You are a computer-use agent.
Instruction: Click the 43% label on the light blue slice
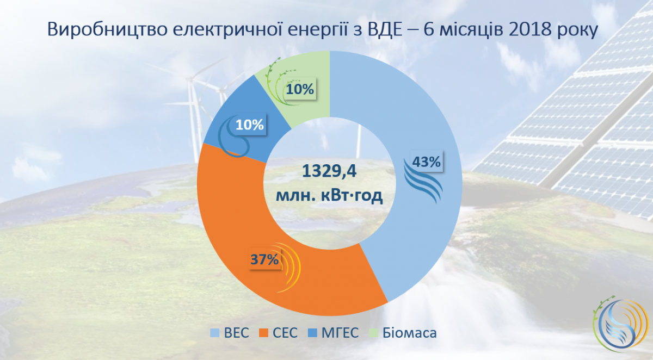tap(426, 162)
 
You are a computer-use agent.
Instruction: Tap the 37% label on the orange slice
tap(264, 259)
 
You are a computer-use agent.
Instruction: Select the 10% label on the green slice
tap(300, 89)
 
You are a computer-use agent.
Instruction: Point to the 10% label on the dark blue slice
tap(250, 125)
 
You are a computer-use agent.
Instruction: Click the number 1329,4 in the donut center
tap(329, 171)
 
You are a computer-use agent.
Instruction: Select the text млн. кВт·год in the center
tap(329, 195)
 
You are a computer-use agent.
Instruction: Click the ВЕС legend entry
tap(230, 333)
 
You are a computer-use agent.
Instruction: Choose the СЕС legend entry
tap(279, 333)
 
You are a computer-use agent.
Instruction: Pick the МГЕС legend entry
tap(334, 333)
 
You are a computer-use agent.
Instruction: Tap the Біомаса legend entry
tap(403, 333)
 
